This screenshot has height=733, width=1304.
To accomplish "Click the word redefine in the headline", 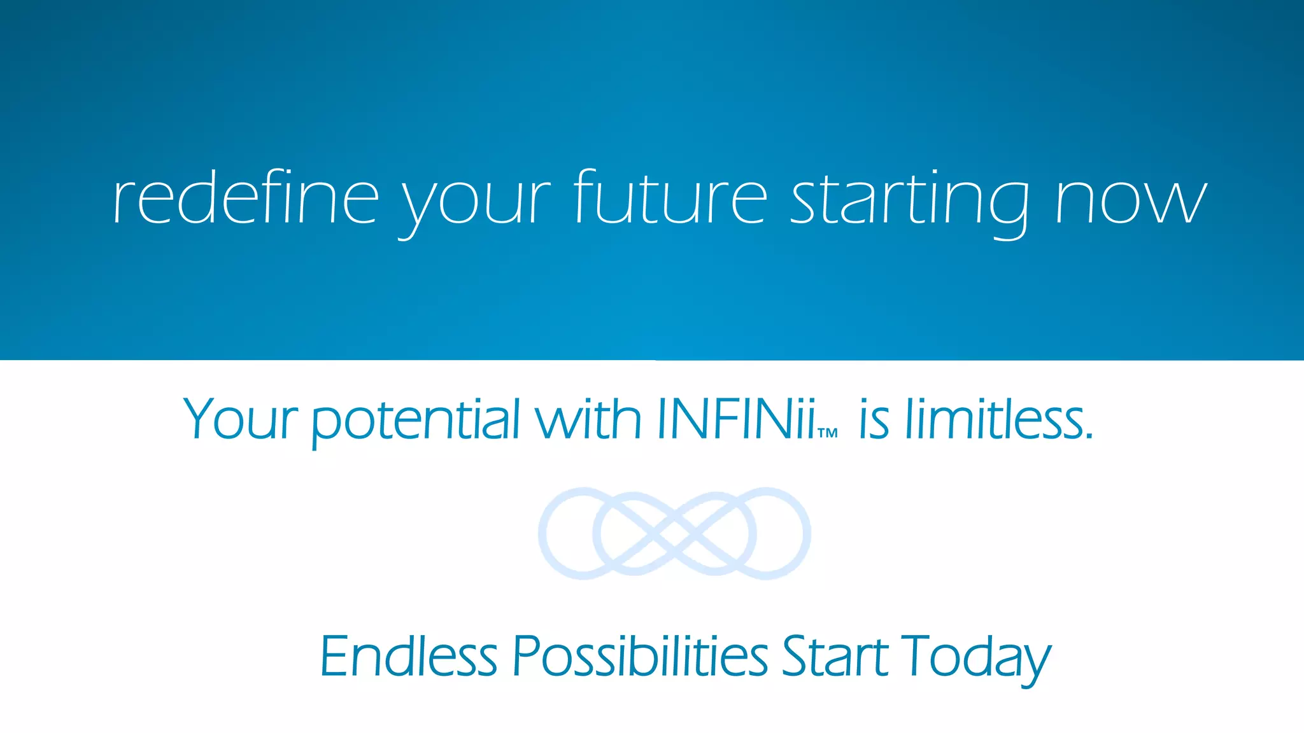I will (246, 198).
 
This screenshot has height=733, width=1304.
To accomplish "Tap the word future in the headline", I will (670, 198).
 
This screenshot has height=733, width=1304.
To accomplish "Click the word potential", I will (416, 420).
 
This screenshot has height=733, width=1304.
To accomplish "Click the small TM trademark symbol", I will (828, 434).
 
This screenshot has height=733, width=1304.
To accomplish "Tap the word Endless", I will (408, 656).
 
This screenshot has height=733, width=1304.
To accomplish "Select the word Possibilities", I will (641, 656).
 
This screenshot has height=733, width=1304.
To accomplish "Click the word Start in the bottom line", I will (835, 656).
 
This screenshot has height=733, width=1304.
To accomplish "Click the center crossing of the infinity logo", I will (675, 533).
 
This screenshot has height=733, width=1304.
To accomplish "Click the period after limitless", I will (1089, 438).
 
